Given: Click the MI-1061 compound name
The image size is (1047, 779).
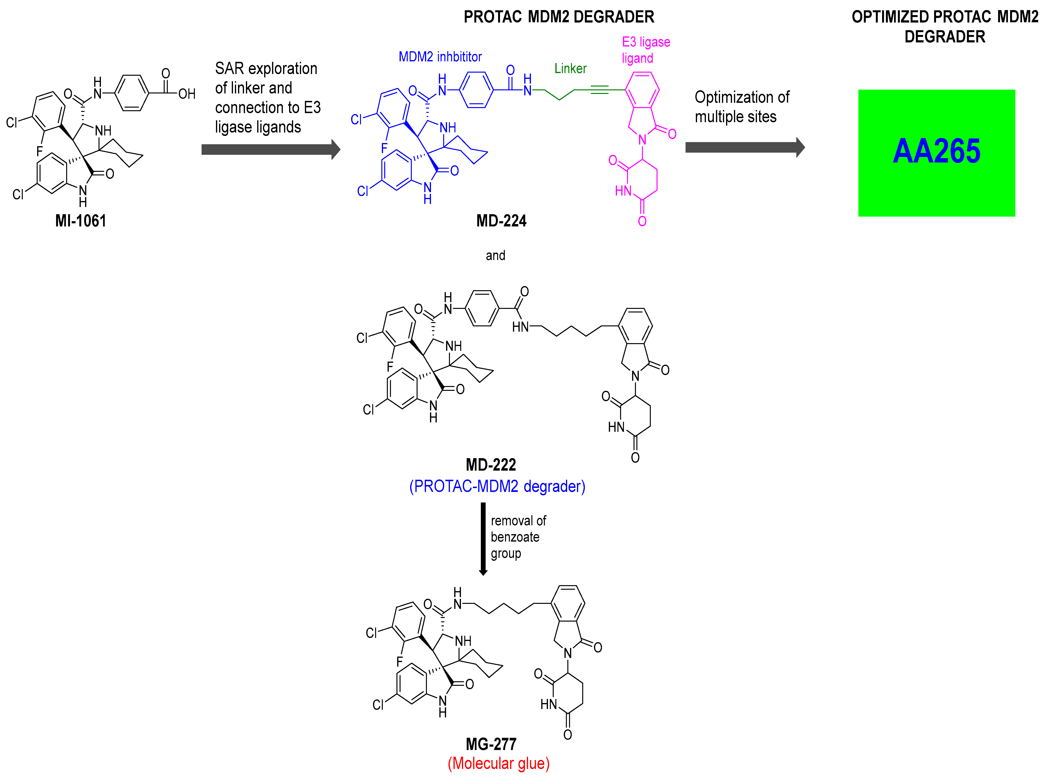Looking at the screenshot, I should (x=81, y=221).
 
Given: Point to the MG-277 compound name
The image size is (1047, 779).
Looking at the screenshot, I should (x=491, y=744).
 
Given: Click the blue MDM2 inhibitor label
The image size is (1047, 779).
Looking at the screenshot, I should (x=440, y=57).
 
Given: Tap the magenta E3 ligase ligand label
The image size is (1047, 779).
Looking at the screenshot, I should (x=645, y=50).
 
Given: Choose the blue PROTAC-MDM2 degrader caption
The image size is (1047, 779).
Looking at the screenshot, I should (x=497, y=486).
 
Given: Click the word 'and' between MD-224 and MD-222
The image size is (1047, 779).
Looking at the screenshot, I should (x=495, y=256).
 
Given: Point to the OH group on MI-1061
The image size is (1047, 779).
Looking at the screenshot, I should (x=187, y=94).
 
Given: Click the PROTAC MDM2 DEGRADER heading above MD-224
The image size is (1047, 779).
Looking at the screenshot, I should (x=559, y=17).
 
